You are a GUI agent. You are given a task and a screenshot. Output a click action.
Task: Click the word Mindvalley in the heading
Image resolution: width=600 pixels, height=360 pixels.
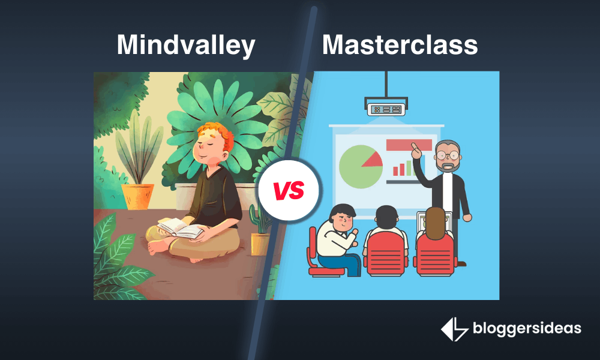pos(186,46)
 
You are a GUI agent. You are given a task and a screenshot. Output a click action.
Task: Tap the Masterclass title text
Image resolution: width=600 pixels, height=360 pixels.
pos(400,46)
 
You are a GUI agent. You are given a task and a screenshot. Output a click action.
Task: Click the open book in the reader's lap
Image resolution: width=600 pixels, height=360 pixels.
pos(179,227)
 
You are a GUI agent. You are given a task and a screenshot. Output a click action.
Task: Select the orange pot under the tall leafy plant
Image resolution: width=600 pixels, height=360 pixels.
pos(137,196)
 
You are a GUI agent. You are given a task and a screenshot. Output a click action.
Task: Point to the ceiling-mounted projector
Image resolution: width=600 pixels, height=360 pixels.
pos(386,108)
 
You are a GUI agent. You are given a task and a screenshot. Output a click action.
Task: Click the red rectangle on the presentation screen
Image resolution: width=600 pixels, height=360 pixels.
pos(409,145)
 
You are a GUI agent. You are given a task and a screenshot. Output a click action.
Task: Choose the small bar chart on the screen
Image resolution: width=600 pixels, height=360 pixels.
pos(403,169)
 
